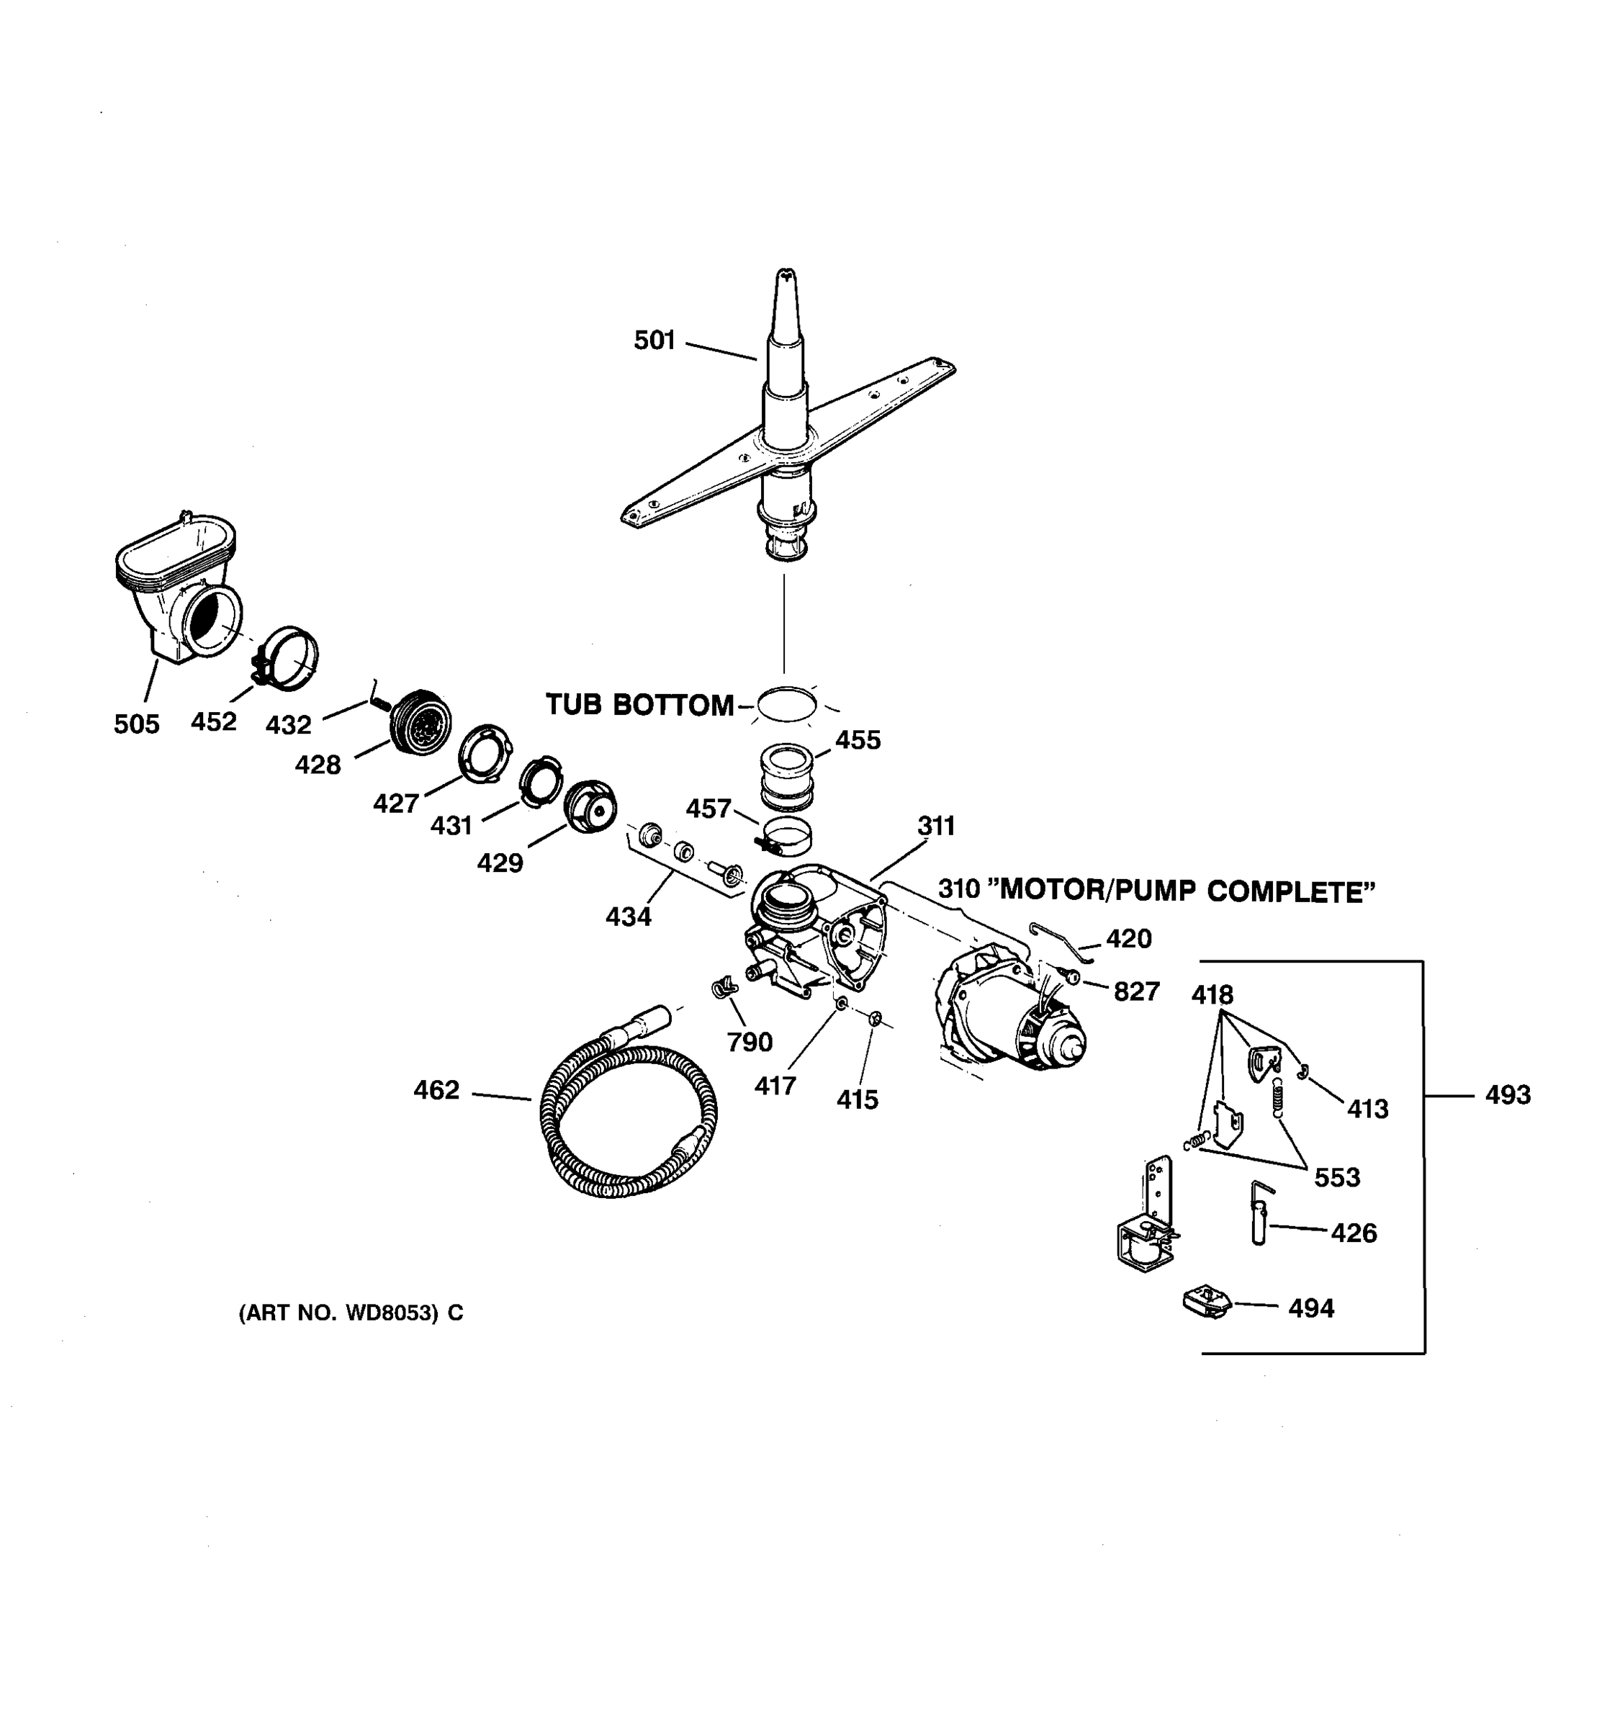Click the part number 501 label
654,340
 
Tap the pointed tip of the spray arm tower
786,276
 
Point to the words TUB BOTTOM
639,705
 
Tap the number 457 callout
708,809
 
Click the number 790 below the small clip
750,1041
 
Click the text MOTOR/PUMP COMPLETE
1187,891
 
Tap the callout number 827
1137,991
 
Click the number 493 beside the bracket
1508,1094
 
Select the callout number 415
857,1099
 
